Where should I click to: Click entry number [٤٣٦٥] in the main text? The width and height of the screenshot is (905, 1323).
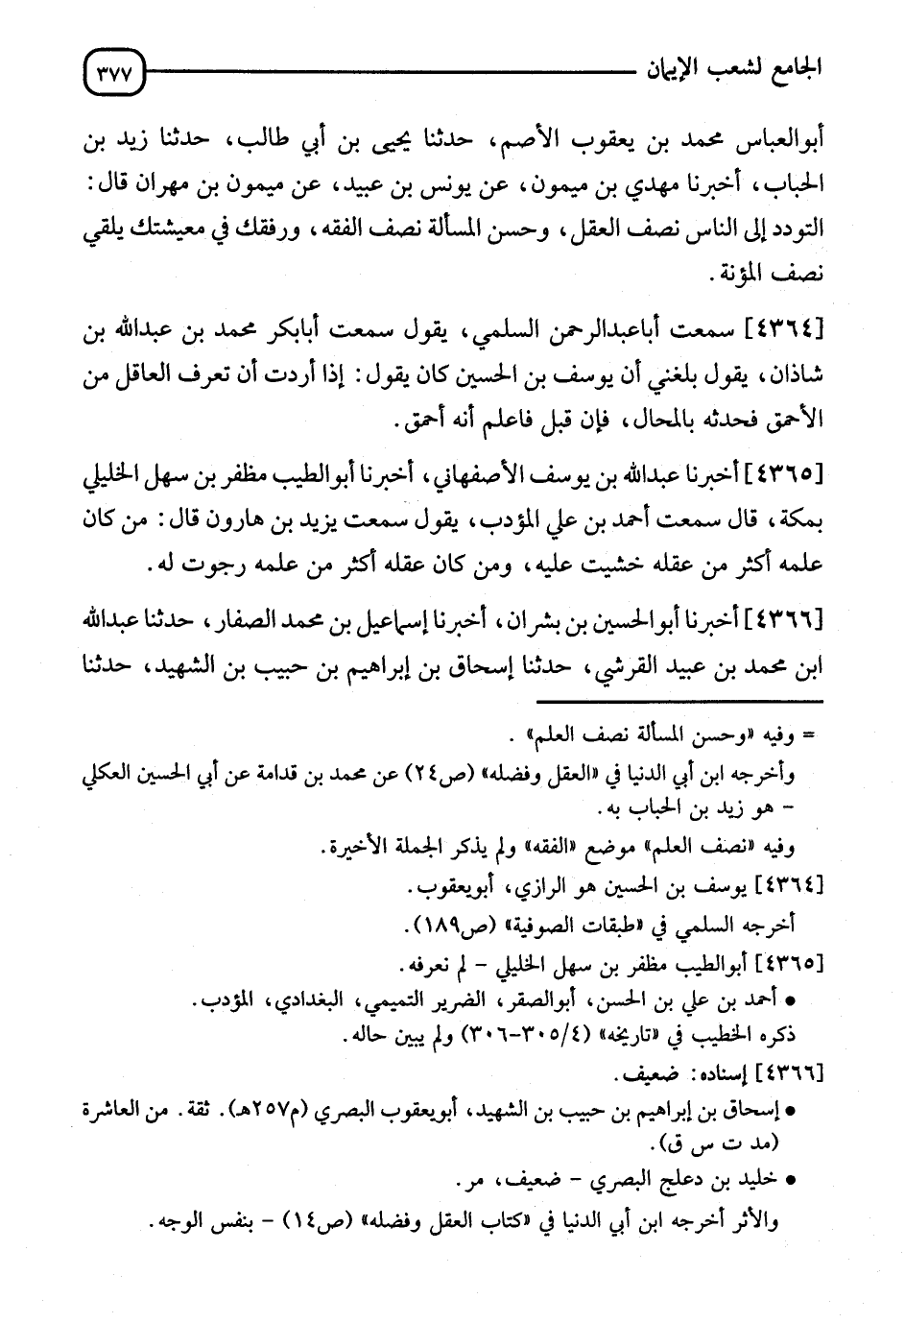click(x=787, y=473)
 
